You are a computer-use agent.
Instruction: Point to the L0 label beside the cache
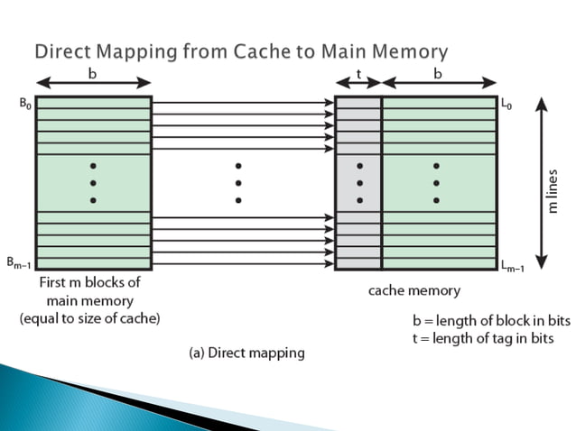pyautogui.click(x=508, y=105)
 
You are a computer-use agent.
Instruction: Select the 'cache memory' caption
pyautogui.click(x=414, y=290)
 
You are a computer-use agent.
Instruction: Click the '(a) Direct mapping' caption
pyautogui.click(x=246, y=353)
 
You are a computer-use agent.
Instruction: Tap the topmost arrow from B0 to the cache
pyautogui.click(x=242, y=103)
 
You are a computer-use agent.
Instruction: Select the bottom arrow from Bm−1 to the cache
pyautogui.click(x=242, y=264)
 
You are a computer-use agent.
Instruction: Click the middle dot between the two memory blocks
pyautogui.click(x=237, y=183)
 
